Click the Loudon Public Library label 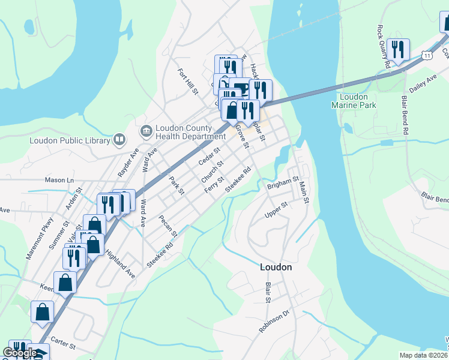pos(70,140)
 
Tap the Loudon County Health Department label pos(183,131)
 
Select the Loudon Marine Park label pos(354,100)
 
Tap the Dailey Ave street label pos(423,82)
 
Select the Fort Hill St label pos(187,81)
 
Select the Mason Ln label pos(59,179)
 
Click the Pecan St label pos(169,226)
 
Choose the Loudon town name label pos(276,267)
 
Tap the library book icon pos(119,140)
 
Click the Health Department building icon pos(146,131)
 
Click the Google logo pos(19,353)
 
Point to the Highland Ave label pos(121,263)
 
